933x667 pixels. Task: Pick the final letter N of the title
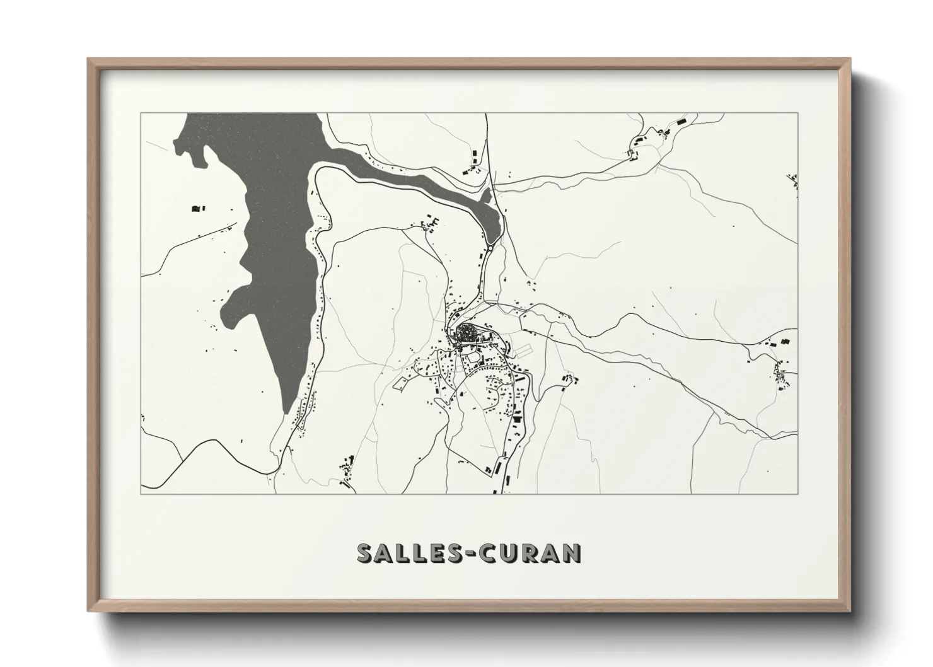point(571,553)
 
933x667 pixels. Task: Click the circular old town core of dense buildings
point(467,334)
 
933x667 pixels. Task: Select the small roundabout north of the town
point(489,249)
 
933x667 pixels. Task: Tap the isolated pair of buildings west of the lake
point(198,207)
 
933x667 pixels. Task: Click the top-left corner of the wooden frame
point(89,60)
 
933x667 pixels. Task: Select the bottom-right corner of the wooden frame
point(850,611)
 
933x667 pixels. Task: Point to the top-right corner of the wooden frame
point(850,60)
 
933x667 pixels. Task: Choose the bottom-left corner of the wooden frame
point(89,611)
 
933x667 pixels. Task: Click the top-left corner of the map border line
point(141,113)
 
